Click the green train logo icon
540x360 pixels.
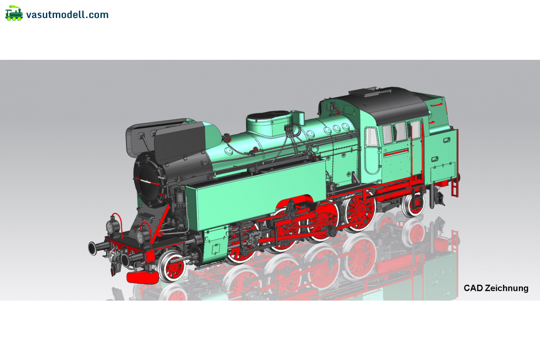click(x=14, y=13)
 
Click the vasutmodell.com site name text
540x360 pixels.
click(x=67, y=15)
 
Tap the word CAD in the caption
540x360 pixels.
click(x=473, y=288)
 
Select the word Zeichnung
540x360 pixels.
click(x=507, y=288)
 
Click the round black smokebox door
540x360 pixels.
click(x=147, y=179)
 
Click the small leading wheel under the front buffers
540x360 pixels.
click(x=171, y=266)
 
